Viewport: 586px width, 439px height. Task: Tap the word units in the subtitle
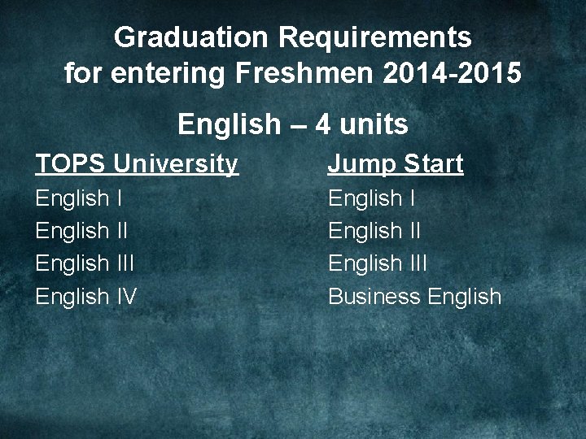(x=372, y=125)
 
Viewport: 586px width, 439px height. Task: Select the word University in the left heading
(x=176, y=164)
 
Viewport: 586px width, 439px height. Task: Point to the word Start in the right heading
(x=431, y=164)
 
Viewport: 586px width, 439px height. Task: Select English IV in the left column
(x=85, y=296)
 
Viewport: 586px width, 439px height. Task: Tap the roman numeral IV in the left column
(x=125, y=296)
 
